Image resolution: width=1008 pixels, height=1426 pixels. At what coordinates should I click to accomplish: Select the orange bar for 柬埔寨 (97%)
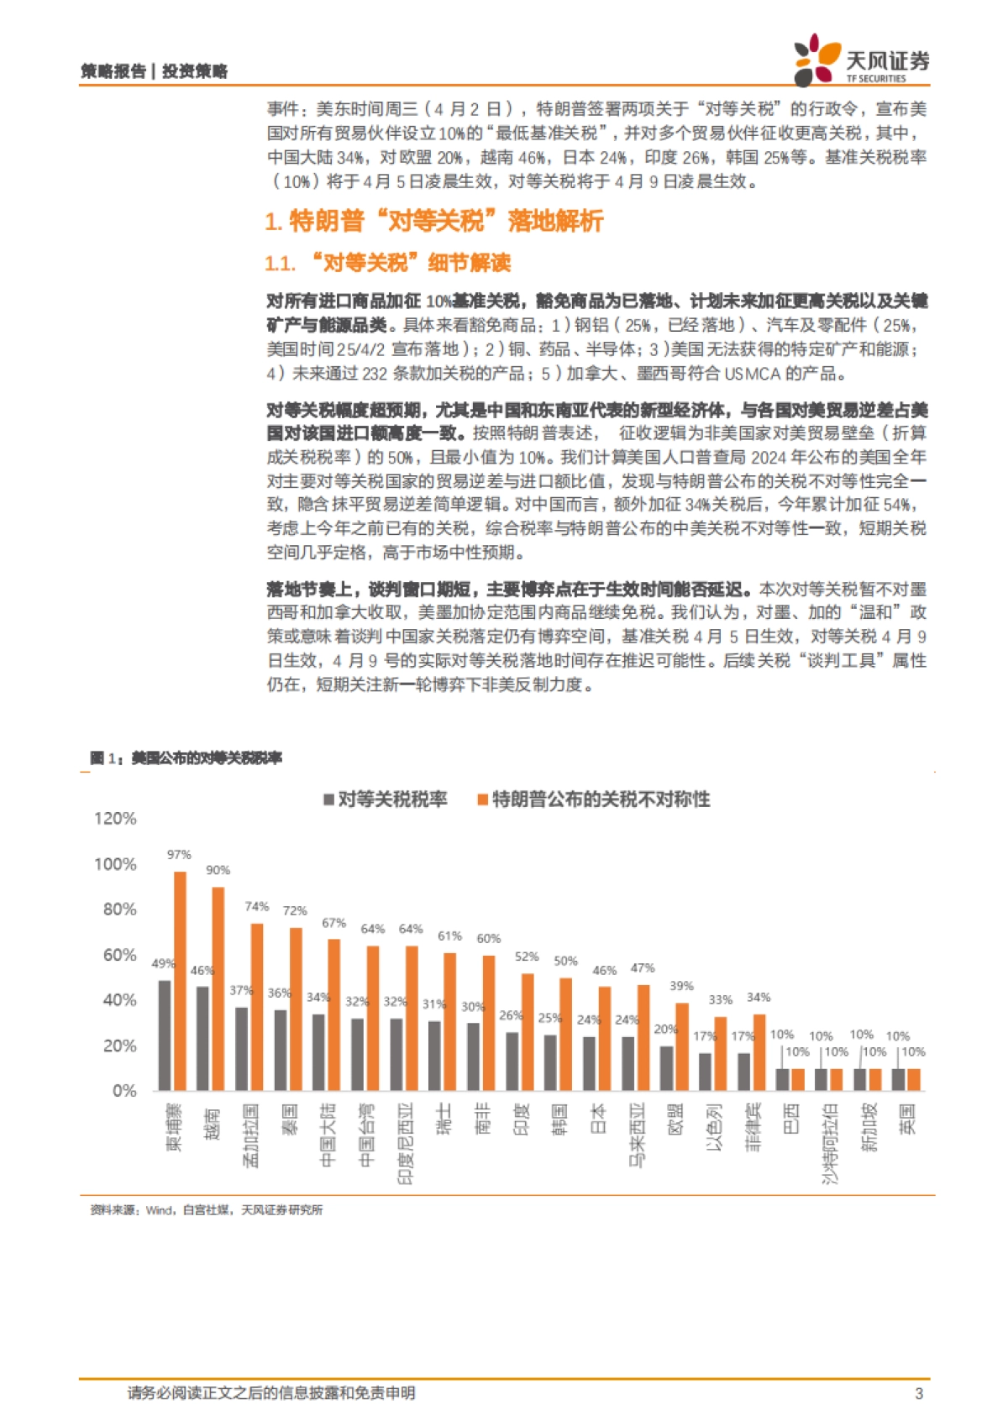(x=180, y=981)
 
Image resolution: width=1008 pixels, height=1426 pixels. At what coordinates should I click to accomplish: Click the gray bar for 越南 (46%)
(x=202, y=1038)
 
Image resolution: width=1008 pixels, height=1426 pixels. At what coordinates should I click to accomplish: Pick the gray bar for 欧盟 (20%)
(x=666, y=1067)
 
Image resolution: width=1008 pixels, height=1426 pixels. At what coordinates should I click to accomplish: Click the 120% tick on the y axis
(x=115, y=818)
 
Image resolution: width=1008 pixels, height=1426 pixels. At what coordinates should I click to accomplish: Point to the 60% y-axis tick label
(x=119, y=955)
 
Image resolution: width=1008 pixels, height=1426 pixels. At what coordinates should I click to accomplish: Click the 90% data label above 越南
(x=218, y=870)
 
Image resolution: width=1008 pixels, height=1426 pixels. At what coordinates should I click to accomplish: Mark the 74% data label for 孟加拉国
(x=256, y=906)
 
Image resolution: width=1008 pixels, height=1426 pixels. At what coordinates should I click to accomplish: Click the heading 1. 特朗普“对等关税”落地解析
(x=434, y=222)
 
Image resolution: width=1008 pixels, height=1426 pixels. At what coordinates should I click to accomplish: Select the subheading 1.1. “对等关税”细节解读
(x=388, y=263)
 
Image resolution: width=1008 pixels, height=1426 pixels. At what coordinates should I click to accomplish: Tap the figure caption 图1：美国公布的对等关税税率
(x=186, y=758)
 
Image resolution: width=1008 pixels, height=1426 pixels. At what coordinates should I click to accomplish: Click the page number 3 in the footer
(x=918, y=1393)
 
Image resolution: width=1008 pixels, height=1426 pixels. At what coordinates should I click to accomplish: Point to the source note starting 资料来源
(x=206, y=1209)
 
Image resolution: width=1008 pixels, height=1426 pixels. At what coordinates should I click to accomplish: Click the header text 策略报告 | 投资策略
(x=155, y=71)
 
